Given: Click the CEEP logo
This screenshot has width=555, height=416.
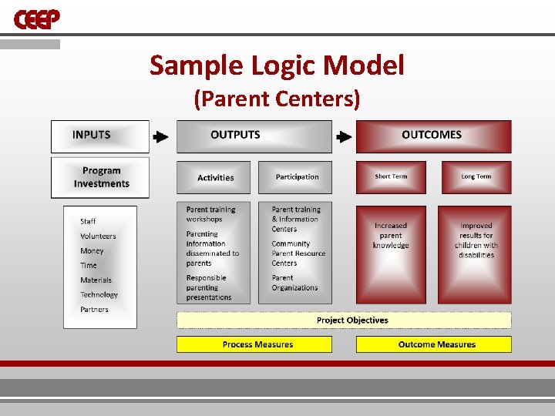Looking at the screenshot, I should (37, 18).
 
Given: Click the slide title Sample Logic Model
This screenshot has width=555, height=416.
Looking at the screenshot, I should (277, 65).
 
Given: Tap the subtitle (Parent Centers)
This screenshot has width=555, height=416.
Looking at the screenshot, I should (277, 99).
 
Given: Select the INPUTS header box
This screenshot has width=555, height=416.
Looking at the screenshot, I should (99, 136).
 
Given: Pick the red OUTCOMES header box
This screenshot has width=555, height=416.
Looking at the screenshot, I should (432, 136).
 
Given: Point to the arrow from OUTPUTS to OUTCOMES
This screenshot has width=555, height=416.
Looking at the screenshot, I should (343, 137).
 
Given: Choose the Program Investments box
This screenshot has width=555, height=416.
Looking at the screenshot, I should (100, 177).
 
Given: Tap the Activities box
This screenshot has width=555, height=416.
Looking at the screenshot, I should (216, 177).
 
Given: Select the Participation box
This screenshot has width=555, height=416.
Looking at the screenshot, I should (296, 177).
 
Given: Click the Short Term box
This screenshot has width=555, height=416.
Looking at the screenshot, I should (391, 177).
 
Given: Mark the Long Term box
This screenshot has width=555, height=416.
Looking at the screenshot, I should (476, 177).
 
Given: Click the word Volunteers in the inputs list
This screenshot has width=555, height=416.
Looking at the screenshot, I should (98, 236).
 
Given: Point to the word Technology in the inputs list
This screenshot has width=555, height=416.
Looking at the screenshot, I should (99, 294).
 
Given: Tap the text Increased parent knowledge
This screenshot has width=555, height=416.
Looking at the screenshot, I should (391, 236).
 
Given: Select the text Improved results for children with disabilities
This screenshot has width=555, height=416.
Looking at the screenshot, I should (476, 240).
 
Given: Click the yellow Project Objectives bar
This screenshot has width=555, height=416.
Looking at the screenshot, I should (344, 320).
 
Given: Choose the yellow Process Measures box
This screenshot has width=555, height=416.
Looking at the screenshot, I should (254, 344).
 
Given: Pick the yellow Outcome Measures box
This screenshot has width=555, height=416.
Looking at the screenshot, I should (433, 344).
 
